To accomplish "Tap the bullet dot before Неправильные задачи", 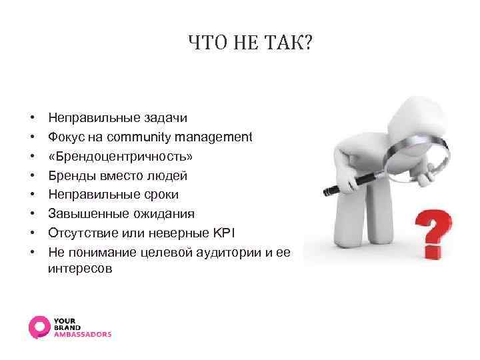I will coord(32,119).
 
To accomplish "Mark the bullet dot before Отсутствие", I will coord(32,234).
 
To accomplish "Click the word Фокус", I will coord(65,137).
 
